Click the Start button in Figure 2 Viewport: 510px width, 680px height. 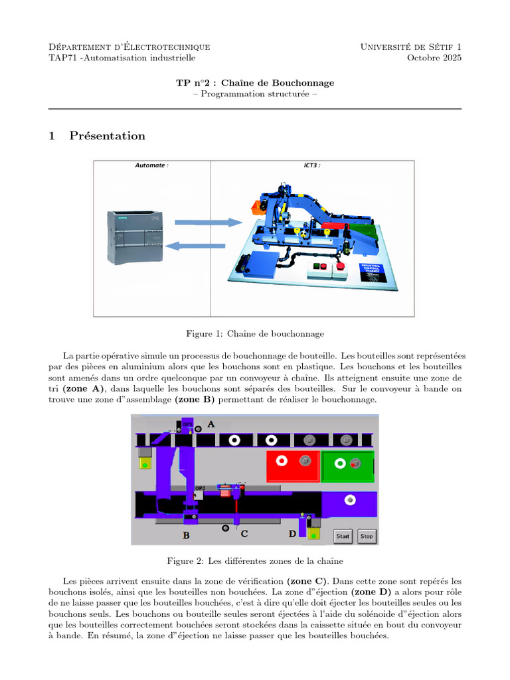pos(343,536)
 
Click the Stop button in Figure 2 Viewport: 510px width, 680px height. pos(366,536)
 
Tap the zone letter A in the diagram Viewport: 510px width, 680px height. pos(211,424)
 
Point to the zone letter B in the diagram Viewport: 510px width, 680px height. pos(187,534)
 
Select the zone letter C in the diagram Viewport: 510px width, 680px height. pos(244,533)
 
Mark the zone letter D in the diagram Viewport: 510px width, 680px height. pos(292,533)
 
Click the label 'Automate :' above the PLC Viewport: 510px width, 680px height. pos(151,165)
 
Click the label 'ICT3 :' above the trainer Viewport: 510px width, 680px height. pos(312,165)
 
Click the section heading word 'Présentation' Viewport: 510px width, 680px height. pos(107,135)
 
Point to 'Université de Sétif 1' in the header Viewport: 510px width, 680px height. pos(410,46)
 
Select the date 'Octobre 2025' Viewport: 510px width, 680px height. pos(434,58)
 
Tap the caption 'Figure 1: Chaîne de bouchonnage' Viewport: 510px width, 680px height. pos(255,333)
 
